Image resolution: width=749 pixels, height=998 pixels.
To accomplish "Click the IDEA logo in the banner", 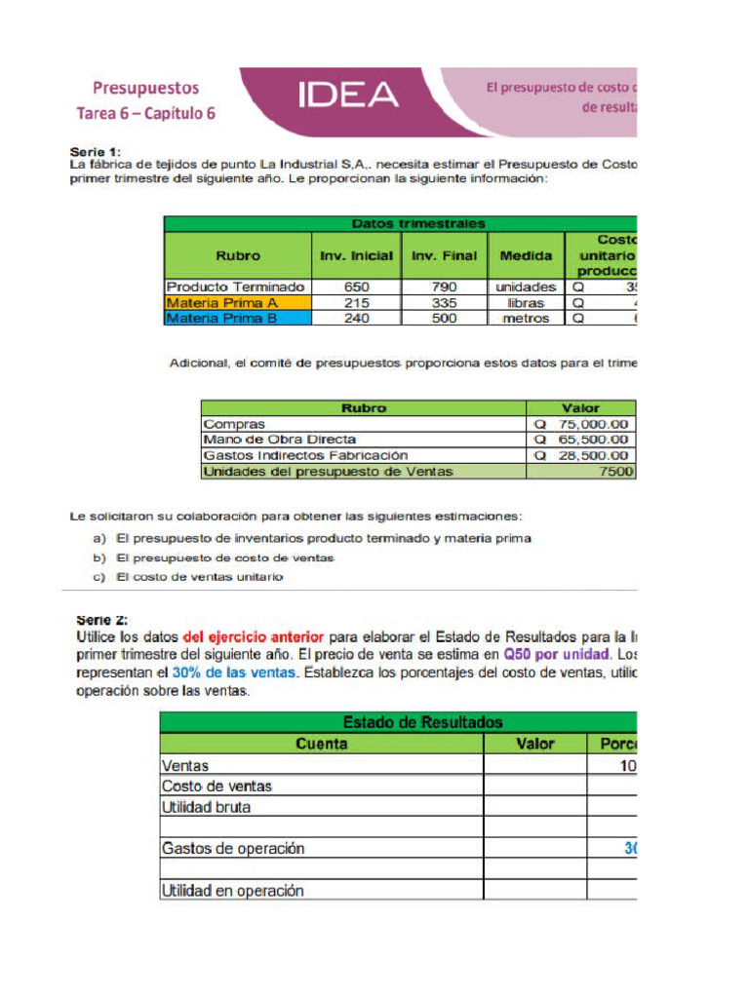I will point(348,95).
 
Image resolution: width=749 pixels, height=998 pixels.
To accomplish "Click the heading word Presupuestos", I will point(146,89).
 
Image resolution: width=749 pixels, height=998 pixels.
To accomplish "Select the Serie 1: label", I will point(96,152).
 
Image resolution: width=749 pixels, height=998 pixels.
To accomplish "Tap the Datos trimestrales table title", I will point(417,224).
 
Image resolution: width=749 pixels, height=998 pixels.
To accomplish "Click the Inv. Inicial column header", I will point(357,255).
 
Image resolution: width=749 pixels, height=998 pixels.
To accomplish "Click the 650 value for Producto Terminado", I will point(357,288).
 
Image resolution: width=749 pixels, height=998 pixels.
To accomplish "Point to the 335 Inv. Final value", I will point(444,303).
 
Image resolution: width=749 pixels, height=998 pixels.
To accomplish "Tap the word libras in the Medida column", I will point(526,303).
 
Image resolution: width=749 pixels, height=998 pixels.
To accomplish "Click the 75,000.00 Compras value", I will point(594,424).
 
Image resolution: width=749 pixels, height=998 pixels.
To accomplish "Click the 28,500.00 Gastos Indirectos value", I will point(594,455).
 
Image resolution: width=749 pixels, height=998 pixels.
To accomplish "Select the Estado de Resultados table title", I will point(422,722).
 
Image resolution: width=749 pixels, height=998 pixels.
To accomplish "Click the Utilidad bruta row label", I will point(206,807).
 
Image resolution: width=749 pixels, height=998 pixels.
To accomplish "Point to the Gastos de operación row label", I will point(233,848).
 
